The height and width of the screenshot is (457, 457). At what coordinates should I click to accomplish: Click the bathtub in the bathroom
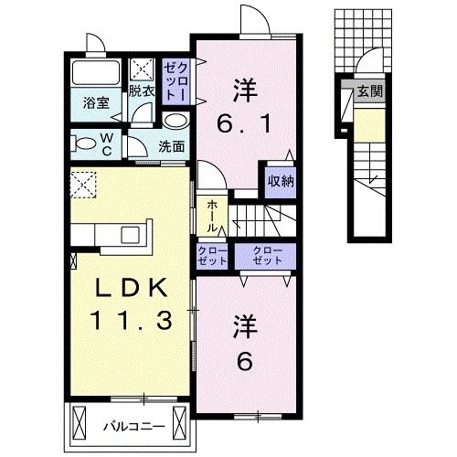tap(96, 74)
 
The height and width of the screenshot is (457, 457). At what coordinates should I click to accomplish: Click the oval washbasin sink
tap(176, 120)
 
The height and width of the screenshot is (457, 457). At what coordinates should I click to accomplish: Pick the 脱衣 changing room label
tap(141, 90)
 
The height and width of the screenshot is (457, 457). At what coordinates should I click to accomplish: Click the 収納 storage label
tap(280, 180)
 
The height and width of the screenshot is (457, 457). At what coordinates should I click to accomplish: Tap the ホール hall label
tap(211, 218)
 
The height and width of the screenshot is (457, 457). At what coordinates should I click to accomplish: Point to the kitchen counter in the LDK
tap(115, 236)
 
